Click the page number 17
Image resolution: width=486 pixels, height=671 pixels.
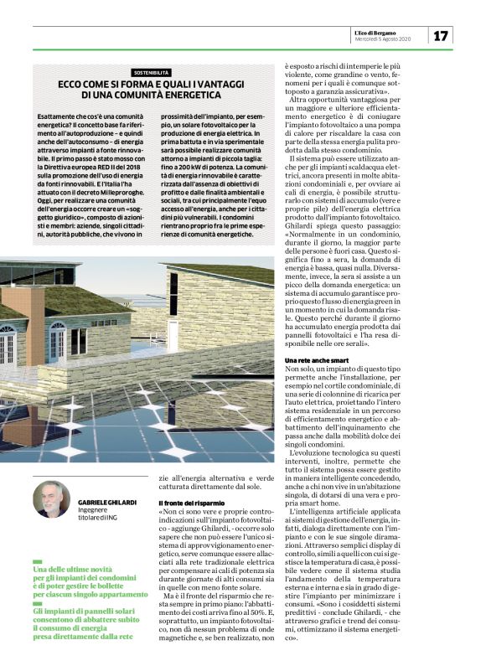tap(442, 34)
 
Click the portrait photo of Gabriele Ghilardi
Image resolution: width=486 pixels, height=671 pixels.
tap(51, 499)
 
